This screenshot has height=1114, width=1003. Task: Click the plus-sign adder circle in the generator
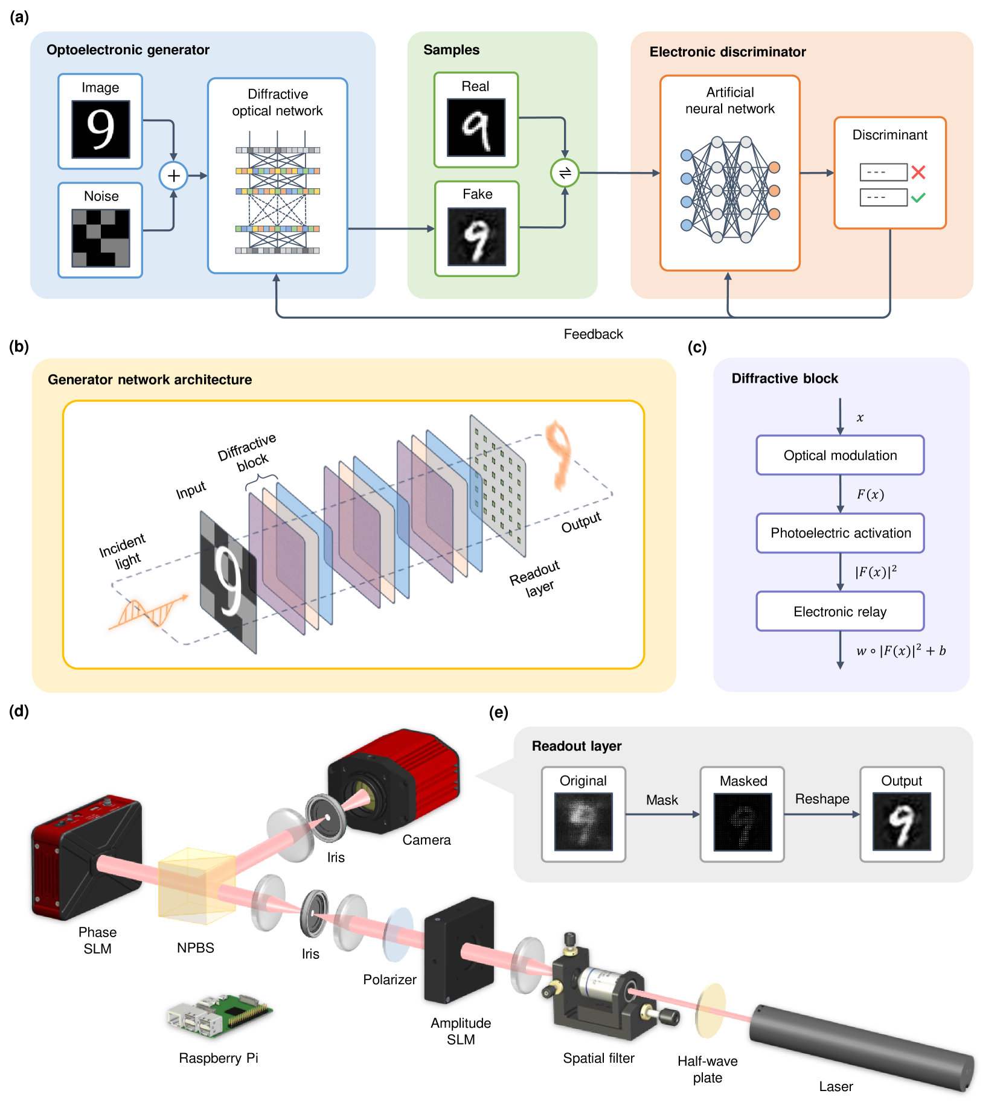(173, 176)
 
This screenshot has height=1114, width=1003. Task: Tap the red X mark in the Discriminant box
(918, 173)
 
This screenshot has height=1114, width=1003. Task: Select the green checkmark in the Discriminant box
(918, 197)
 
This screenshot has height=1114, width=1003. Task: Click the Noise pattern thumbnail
(101, 238)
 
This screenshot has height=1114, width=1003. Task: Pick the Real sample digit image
(476, 127)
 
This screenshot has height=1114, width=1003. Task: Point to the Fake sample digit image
(476, 237)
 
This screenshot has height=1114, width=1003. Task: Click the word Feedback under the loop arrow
(593, 334)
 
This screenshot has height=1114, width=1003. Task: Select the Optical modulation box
(840, 456)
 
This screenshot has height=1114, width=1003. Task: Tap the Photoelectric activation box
(840, 533)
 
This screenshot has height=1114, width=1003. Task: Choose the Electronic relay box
(840, 611)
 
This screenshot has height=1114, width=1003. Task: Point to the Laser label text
(836, 1086)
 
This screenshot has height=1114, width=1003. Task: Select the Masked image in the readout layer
(742, 822)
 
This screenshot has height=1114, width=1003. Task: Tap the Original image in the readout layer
(583, 822)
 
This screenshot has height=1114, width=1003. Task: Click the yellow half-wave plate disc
(710, 1009)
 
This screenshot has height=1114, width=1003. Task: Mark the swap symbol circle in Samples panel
(565, 173)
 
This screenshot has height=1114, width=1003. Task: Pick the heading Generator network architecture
(150, 380)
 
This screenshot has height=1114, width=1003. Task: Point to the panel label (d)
(19, 711)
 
